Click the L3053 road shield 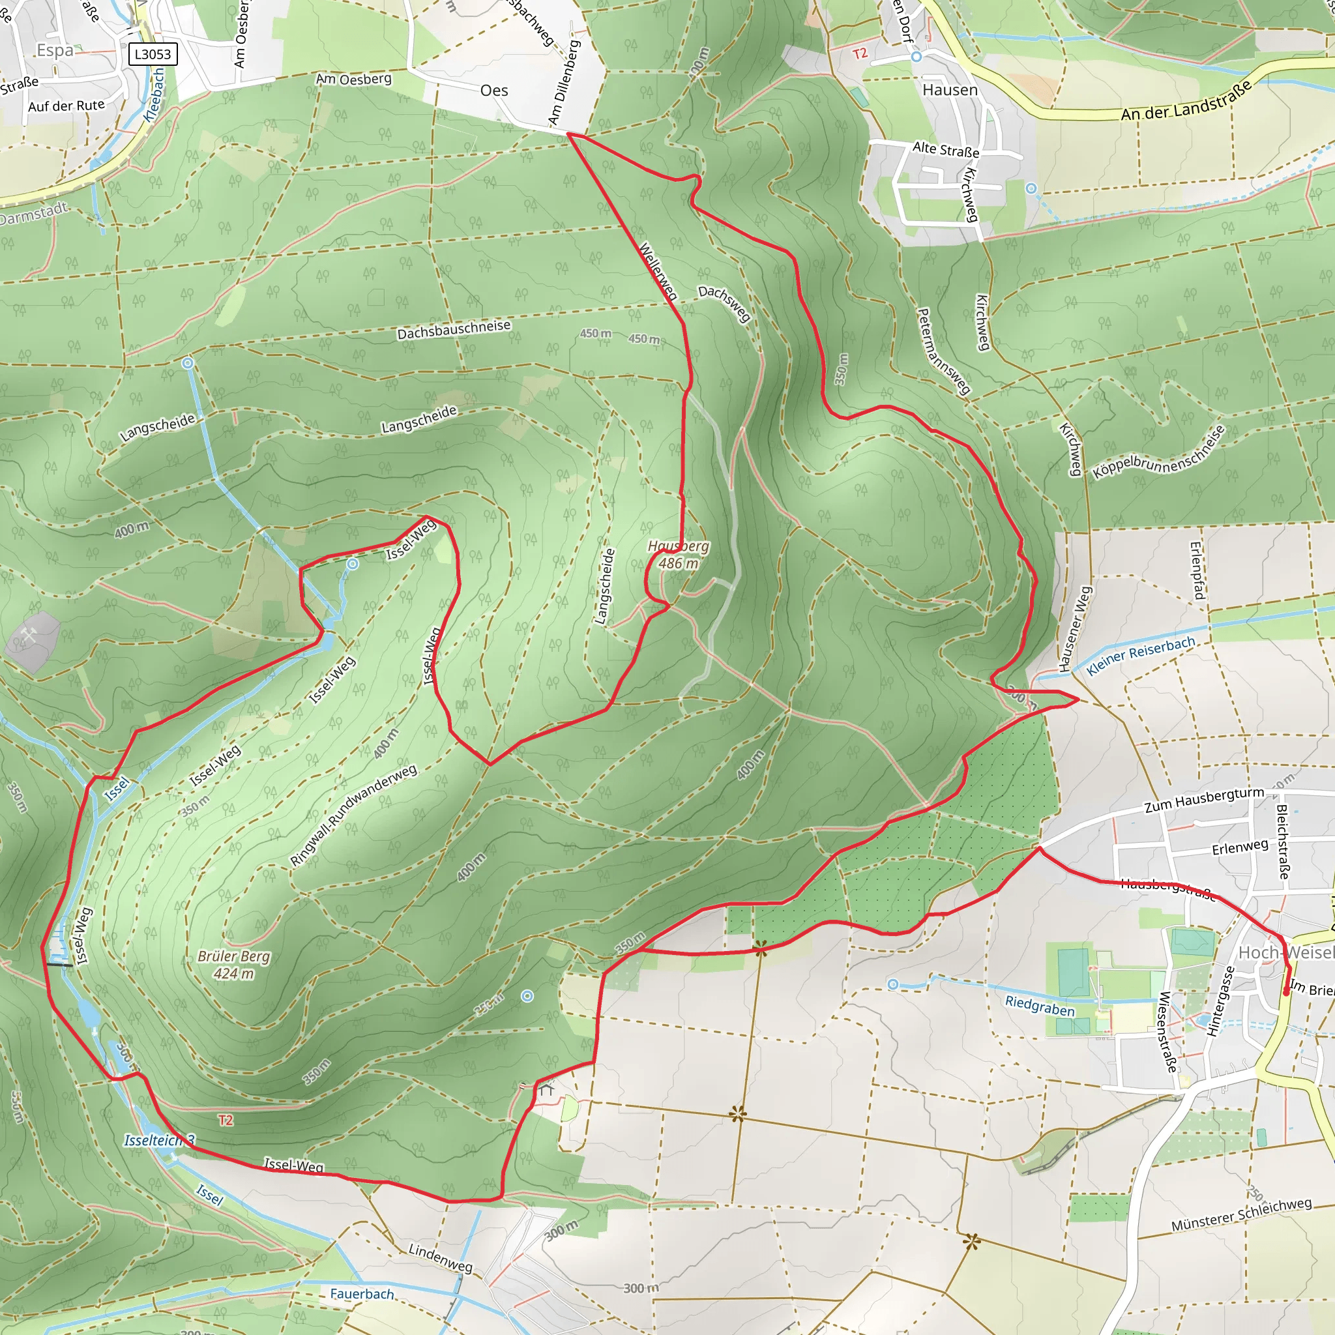pos(153,54)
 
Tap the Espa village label pos(55,50)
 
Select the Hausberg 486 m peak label pos(679,554)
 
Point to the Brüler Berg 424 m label pos(233,965)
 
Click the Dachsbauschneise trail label pos(453,330)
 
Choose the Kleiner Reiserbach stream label pos(1140,655)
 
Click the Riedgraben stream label pos(1040,1006)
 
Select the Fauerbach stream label pos(361,1293)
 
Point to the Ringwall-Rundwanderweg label pos(353,815)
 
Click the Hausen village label pos(950,90)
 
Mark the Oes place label pos(494,91)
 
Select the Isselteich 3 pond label pos(160,1140)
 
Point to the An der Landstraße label pos(1186,101)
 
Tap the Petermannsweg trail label pos(943,351)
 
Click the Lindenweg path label pos(440,1257)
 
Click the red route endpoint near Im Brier pos(1285,993)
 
